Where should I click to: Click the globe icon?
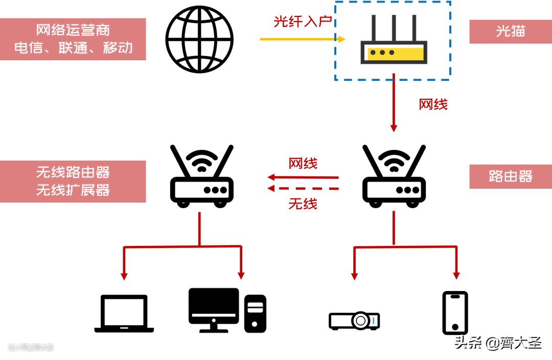point(199,39)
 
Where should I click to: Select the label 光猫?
point(510,31)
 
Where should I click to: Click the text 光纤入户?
point(303,21)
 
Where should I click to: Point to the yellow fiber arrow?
point(302,39)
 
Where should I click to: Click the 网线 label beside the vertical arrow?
point(433,104)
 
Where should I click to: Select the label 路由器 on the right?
point(510,176)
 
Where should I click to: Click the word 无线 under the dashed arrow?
point(303,204)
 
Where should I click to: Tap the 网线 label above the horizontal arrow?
point(303,164)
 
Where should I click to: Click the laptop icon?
point(124,313)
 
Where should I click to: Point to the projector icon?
point(354,320)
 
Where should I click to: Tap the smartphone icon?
point(454,312)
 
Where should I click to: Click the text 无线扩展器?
point(73,190)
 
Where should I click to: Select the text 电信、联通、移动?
point(73,48)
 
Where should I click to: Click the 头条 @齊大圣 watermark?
point(498,343)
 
